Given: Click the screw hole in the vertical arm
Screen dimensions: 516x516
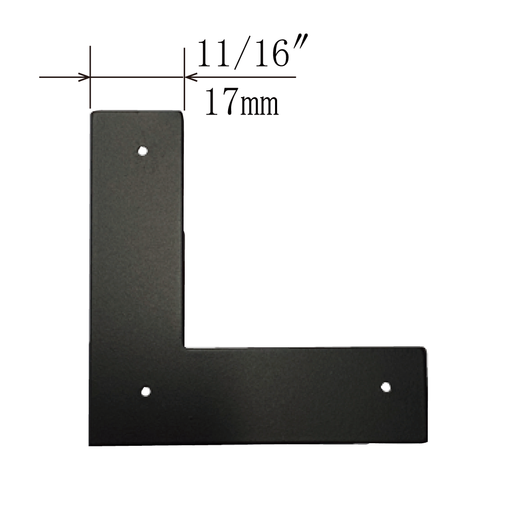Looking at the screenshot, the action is (142, 151).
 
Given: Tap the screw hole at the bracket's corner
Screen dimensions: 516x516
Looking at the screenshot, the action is (146, 392).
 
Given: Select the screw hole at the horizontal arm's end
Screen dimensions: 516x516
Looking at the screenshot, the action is (385, 388).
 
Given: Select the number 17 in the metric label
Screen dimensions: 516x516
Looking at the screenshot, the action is (222, 101).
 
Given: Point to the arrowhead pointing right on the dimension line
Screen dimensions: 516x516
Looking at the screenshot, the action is (84, 78).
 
